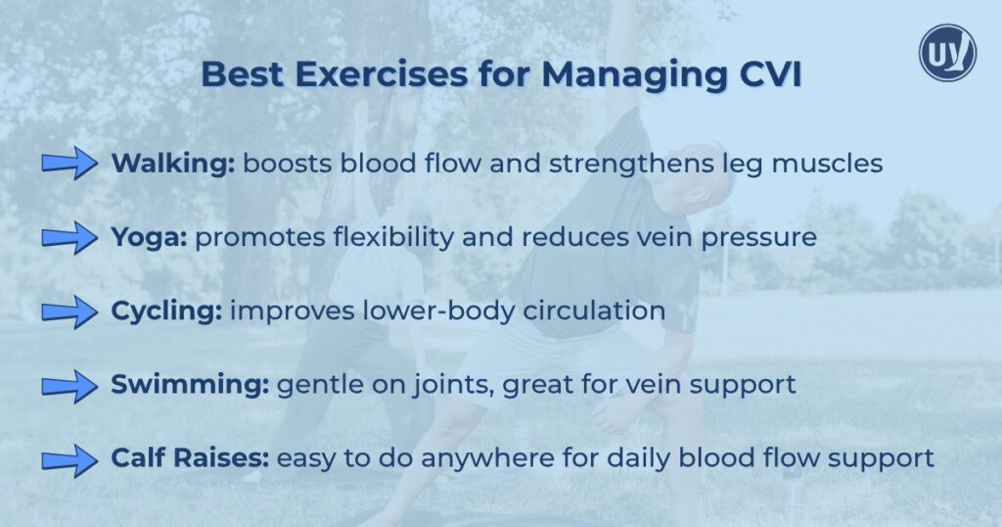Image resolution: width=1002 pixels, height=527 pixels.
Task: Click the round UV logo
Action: pos(947,52)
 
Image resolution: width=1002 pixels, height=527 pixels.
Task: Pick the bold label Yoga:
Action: pos(150,237)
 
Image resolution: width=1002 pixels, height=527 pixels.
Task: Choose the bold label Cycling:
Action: pos(166,311)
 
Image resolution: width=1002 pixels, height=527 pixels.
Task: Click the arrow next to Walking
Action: pos(70,164)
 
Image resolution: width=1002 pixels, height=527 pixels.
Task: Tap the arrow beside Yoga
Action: pos(70,237)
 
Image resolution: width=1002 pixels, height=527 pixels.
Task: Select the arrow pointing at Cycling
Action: pos(70,311)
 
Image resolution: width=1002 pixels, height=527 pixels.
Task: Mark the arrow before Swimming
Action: pos(70,385)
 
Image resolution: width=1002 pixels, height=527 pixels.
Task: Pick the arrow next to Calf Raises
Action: pos(70,458)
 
